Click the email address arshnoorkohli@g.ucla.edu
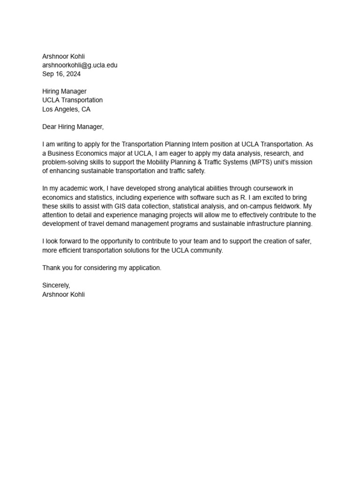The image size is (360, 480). tap(80, 65)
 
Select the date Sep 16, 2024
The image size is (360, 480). tap(61, 74)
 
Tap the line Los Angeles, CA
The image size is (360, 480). tap(66, 109)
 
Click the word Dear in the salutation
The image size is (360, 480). tap(49, 127)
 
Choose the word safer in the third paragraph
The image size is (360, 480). tap(302, 241)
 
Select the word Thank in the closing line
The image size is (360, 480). tap(51, 268)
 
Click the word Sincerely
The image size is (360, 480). tap(56, 285)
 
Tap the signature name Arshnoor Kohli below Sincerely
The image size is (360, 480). tap(64, 294)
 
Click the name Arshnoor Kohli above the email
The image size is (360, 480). tap(64, 56)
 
